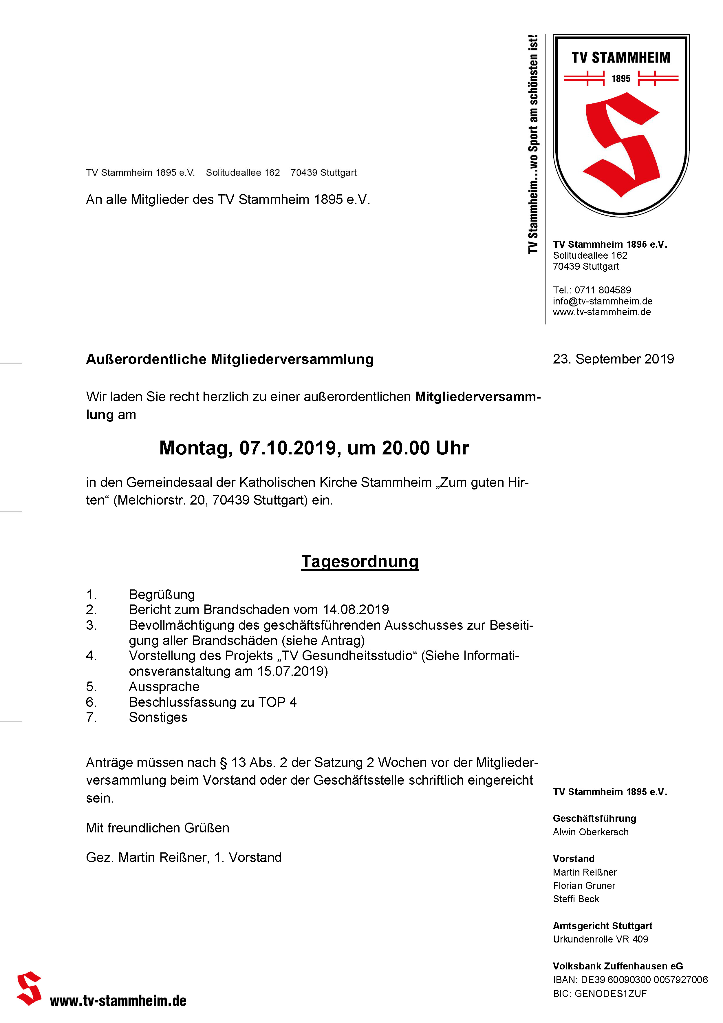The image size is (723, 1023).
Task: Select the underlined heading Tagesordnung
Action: click(x=360, y=561)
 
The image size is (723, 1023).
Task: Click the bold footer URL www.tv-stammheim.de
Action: click(x=118, y=1000)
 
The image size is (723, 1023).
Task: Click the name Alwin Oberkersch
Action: click(x=591, y=832)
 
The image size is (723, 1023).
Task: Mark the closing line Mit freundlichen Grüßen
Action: click(x=157, y=828)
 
